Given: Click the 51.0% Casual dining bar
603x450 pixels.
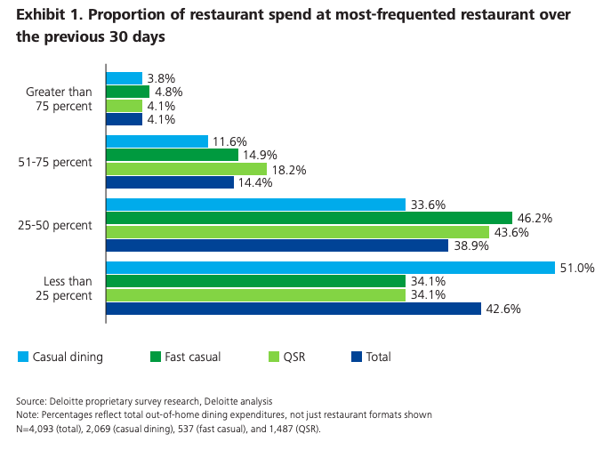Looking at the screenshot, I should [x=329, y=269].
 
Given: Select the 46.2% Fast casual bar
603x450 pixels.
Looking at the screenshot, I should [x=309, y=218].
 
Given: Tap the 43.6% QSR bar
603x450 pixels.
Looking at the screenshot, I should [x=297, y=231].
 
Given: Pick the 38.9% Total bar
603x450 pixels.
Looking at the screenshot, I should [x=277, y=245].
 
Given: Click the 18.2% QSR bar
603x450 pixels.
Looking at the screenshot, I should [x=186, y=168].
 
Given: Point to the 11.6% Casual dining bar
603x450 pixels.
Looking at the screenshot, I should [x=157, y=141].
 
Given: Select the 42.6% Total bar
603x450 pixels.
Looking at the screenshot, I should [x=293, y=309].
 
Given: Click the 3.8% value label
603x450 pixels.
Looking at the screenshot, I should [x=161, y=78].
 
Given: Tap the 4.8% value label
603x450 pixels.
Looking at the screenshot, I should [x=168, y=92].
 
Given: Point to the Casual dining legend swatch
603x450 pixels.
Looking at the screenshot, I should [x=23, y=358].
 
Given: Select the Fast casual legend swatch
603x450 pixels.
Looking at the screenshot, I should [x=156, y=358].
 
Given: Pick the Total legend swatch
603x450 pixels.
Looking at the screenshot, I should [x=357, y=358].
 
